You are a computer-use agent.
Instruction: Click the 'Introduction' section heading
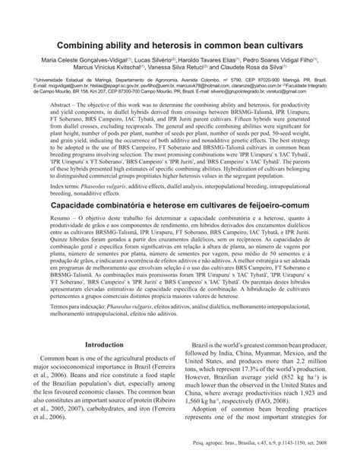[104, 343]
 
